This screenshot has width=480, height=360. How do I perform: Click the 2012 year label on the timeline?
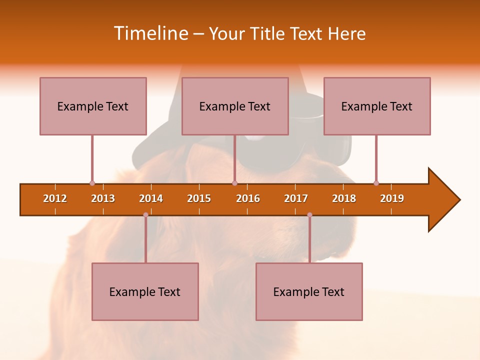55,198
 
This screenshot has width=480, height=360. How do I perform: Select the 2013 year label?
103,198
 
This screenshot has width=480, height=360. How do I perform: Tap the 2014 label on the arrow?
151,198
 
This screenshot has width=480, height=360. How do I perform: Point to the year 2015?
199,198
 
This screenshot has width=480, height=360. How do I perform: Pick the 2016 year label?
248,198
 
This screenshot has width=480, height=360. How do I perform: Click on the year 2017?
296,198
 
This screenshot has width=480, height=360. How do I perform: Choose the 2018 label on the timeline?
344,198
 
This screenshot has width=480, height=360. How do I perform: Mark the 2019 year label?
392,198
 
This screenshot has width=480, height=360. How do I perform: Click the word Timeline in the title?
150,33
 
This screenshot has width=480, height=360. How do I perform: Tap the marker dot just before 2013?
92,183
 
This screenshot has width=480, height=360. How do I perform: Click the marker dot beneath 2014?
145,214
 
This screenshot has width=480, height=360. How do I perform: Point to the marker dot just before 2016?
234,183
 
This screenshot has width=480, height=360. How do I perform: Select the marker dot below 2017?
309,214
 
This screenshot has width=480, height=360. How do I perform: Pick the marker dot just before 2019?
376,183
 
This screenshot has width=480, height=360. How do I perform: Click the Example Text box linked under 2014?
145,291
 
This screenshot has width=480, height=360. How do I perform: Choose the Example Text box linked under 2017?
309,291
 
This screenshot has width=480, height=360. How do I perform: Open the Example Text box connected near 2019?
377,106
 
